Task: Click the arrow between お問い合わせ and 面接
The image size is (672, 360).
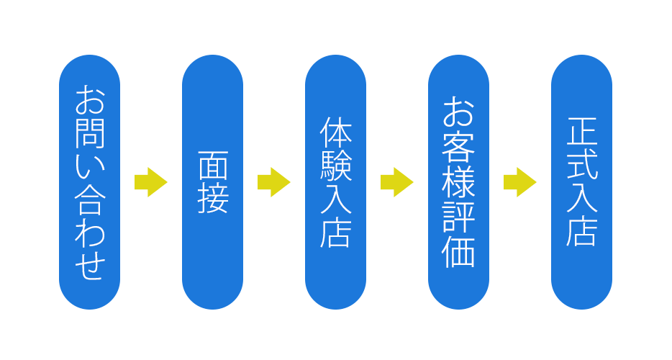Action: tap(150, 182)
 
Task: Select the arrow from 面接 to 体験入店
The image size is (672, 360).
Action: tap(273, 182)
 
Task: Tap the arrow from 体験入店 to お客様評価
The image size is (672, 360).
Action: tap(396, 182)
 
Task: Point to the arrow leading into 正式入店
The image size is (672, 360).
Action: tap(519, 182)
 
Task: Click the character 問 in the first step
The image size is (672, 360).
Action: tap(90, 133)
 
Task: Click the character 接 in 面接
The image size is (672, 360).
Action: tap(213, 199)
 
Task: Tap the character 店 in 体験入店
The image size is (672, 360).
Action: tap(336, 233)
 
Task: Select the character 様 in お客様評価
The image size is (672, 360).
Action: tap(459, 182)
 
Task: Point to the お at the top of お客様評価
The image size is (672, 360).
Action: tap(459, 112)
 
